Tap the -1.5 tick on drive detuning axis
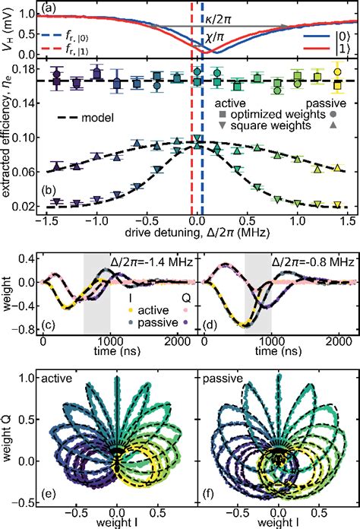click(50, 220)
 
